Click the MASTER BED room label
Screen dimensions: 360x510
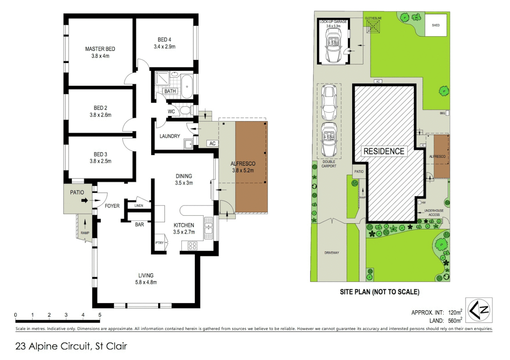pos(100,49)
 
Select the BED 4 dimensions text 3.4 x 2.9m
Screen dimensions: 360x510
pos(164,47)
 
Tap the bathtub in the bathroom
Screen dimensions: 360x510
pos(187,86)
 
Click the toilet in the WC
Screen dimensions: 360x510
pos(185,110)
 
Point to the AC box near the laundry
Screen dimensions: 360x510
pos(212,143)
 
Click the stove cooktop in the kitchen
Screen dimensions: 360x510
pos(192,246)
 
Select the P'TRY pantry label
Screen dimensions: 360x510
pos(159,243)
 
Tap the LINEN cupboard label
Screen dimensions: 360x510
pos(139,206)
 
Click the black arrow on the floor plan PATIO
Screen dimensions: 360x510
pos(85,200)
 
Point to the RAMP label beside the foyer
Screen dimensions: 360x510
pos(85,233)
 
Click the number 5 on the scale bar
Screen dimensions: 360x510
pos(100,315)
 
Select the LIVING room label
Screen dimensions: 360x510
pos(146,275)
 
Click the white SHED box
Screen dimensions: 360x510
pos(436,25)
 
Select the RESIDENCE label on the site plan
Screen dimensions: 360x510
pos(384,151)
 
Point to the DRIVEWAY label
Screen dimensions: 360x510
pos(332,253)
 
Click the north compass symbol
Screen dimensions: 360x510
pos(479,310)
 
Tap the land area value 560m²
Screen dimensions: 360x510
pos(455,321)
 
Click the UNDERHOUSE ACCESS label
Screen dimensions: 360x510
pos(434,213)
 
